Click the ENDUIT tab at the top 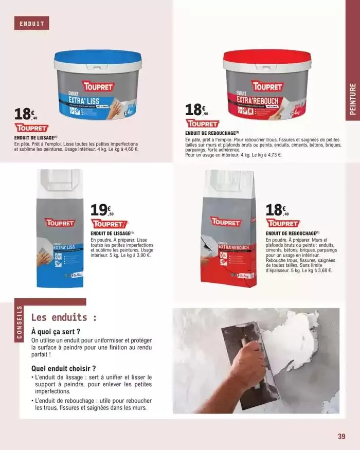[32, 24]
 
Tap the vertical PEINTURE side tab [352, 101]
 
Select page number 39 [340, 437]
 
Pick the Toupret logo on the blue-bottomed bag [61, 223]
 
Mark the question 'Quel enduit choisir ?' [64, 368]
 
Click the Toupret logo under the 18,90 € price [202, 124]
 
